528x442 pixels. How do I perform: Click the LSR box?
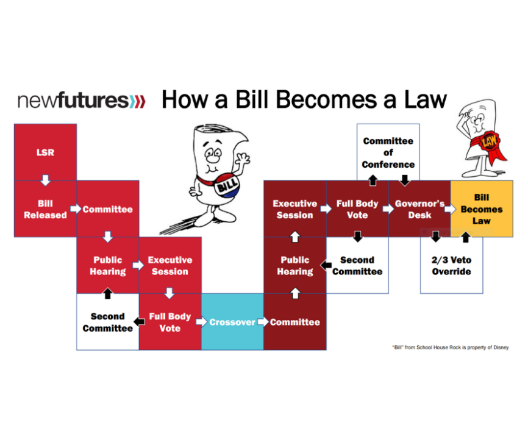coord(45,152)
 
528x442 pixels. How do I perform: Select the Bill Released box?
coord(45,209)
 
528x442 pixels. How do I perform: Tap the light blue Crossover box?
coord(232,322)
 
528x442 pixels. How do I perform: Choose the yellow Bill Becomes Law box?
coord(481,209)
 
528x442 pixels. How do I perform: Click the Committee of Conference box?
coord(388,152)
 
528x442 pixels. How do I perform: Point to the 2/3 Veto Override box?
coord(451,265)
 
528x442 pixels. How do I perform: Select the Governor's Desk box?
coord(419,209)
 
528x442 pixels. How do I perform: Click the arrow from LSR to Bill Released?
coord(45,180)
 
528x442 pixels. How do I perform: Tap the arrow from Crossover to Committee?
coord(263,322)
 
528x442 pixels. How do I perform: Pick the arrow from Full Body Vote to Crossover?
coord(201,322)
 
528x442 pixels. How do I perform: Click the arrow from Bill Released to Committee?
coord(76,209)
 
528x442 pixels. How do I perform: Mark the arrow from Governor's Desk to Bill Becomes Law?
coord(450,209)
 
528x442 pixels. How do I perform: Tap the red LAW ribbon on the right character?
coord(486,143)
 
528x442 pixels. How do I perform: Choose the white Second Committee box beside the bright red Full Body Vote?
coord(107,322)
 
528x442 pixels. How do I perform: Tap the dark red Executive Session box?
coord(294,209)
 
